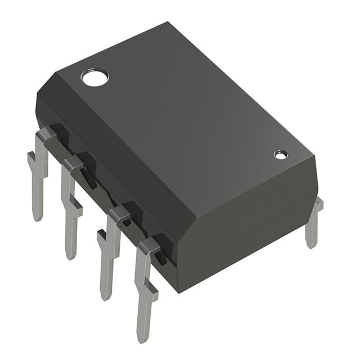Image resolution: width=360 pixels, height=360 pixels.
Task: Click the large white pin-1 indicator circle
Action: [94, 77]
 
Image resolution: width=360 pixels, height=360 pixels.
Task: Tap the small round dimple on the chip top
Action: [280, 154]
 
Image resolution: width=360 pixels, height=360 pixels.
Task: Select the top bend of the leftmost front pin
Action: [45, 135]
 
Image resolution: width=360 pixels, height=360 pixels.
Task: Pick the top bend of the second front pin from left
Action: [73, 164]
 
